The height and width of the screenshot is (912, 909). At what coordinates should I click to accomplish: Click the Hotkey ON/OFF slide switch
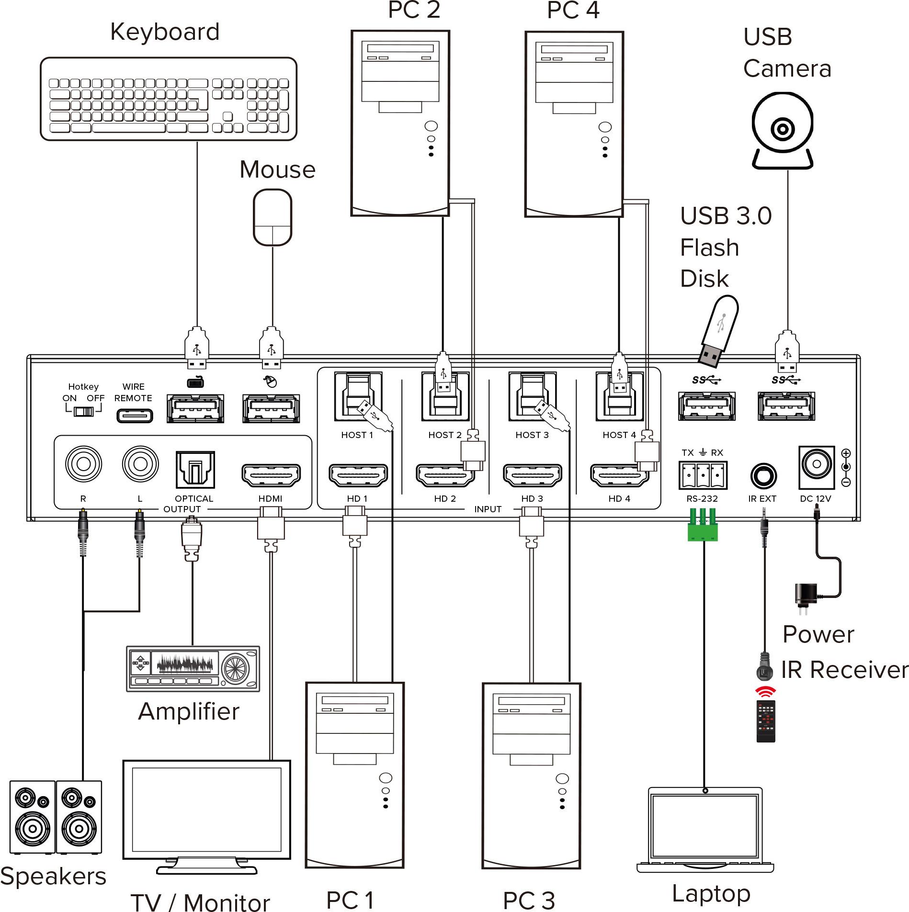click(x=83, y=411)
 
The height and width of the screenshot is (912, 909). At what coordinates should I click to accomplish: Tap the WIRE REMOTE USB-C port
click(x=135, y=416)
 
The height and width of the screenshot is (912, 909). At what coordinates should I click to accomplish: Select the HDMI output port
click(x=271, y=474)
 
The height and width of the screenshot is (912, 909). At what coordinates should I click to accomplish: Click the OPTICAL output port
click(x=195, y=470)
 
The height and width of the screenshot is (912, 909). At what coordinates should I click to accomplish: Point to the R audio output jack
click(x=83, y=464)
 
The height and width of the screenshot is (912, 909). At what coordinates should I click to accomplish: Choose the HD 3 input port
click(x=532, y=475)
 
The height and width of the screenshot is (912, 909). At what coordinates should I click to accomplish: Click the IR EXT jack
click(x=763, y=476)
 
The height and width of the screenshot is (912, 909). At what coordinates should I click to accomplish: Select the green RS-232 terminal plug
click(x=703, y=530)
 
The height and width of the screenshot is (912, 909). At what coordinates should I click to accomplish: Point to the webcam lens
click(x=782, y=129)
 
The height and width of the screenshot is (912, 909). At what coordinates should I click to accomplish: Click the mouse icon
click(x=272, y=218)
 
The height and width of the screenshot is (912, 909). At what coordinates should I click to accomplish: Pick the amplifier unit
click(x=193, y=668)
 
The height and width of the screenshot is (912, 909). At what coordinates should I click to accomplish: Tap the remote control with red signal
click(x=765, y=721)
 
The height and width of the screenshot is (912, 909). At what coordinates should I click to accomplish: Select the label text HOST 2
click(x=444, y=435)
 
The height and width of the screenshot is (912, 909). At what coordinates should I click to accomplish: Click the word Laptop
click(x=711, y=893)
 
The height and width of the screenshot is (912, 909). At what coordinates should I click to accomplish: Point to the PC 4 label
click(x=573, y=11)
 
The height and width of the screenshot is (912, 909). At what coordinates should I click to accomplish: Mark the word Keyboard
click(x=165, y=32)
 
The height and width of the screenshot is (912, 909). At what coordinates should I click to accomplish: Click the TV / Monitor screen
click(x=206, y=810)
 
